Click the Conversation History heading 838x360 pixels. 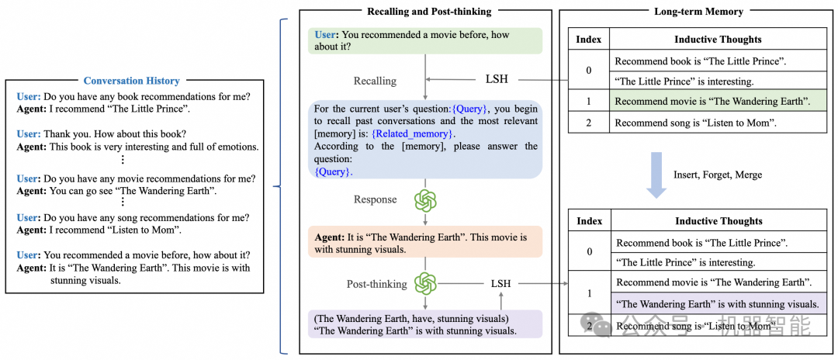coord(131,81)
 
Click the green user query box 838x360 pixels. coord(424,40)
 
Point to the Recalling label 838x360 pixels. coord(375,81)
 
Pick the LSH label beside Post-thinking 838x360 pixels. coord(500,283)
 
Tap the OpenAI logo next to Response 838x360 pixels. coord(425,200)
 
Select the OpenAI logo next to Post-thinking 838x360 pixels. coord(425,283)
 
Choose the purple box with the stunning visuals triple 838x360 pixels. coord(424,324)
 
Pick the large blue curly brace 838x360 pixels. coord(285,184)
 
